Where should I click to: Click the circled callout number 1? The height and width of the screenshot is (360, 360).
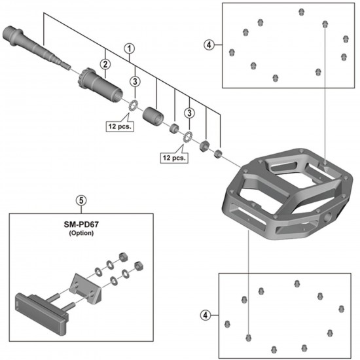130,48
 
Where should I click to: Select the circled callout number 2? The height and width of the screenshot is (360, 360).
103,63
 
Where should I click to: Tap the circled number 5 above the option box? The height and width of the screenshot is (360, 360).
81,202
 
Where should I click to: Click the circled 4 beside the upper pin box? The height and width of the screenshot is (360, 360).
208,45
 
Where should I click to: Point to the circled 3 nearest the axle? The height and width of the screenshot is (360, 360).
134,81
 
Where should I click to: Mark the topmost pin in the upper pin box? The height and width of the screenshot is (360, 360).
301,11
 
